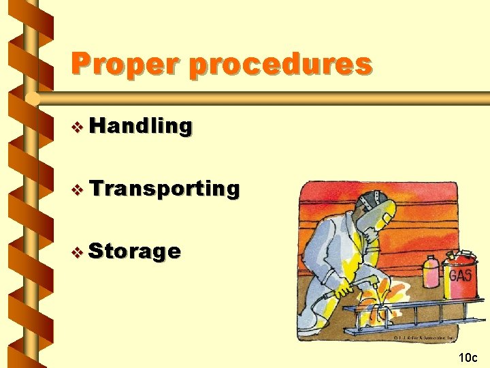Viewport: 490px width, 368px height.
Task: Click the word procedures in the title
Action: click(280, 65)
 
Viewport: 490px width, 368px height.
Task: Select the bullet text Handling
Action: click(140, 126)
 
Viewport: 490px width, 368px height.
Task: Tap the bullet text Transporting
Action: click(163, 188)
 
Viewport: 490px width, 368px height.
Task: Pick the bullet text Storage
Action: click(135, 251)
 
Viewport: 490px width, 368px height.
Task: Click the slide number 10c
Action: click(468, 357)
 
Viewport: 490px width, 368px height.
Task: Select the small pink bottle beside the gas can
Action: click(430, 273)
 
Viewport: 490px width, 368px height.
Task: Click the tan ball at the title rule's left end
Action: click(31, 99)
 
